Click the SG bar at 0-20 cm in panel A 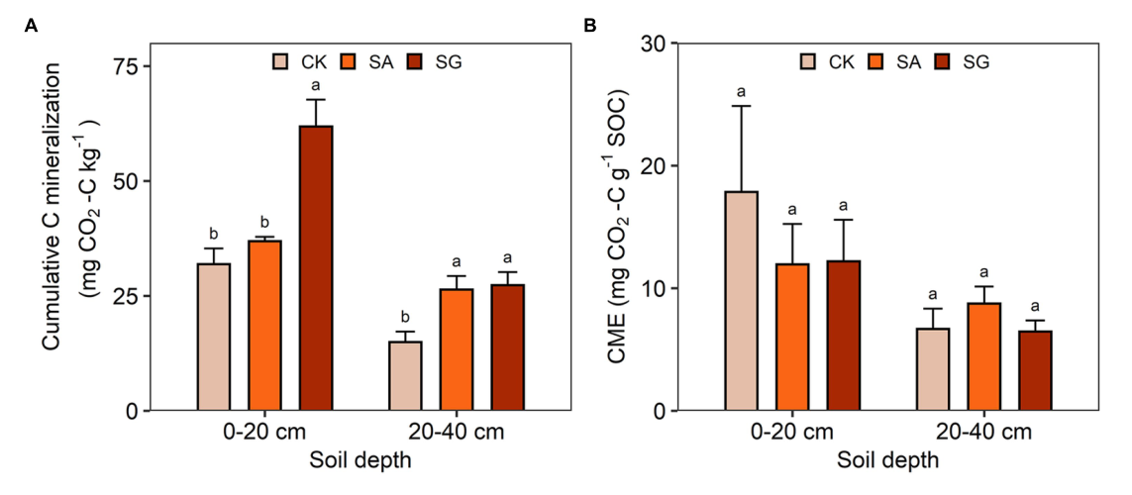[x=316, y=268]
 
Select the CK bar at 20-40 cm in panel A [x=405, y=375]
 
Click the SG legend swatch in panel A [x=416, y=62]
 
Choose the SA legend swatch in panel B [x=877, y=62]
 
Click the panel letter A [x=31, y=26]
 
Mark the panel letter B [x=590, y=26]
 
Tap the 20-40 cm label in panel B [x=983, y=433]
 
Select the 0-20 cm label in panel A [x=264, y=433]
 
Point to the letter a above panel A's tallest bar [x=316, y=85]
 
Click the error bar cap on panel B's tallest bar [x=741, y=106]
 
